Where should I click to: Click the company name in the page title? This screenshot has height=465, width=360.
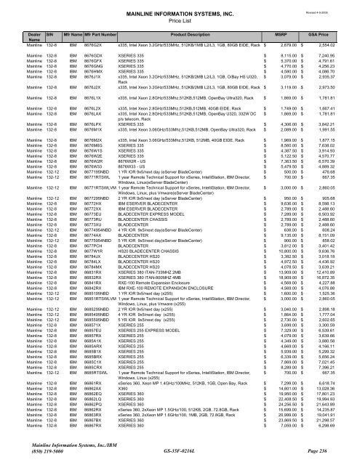(180, 5)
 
